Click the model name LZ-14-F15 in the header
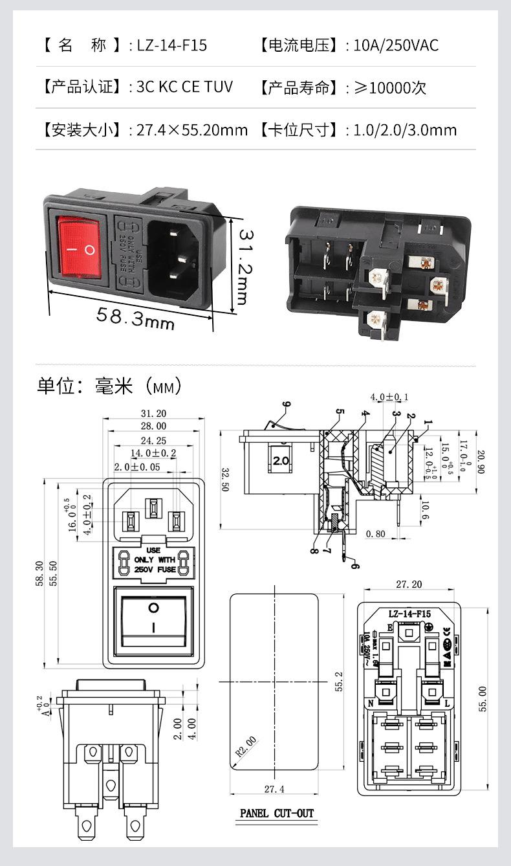click(x=171, y=45)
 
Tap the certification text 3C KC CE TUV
click(x=184, y=87)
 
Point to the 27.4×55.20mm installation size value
click(x=192, y=130)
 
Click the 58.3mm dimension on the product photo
click(x=135, y=317)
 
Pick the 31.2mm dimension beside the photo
click(x=241, y=265)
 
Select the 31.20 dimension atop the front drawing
click(x=153, y=414)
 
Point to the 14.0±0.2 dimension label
click(x=154, y=452)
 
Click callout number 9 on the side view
click(x=286, y=405)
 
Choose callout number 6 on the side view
click(x=354, y=565)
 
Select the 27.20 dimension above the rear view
click(x=409, y=584)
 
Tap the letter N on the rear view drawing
click(x=371, y=703)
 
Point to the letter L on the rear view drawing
click(x=447, y=703)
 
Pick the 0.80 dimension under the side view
click(x=376, y=534)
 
